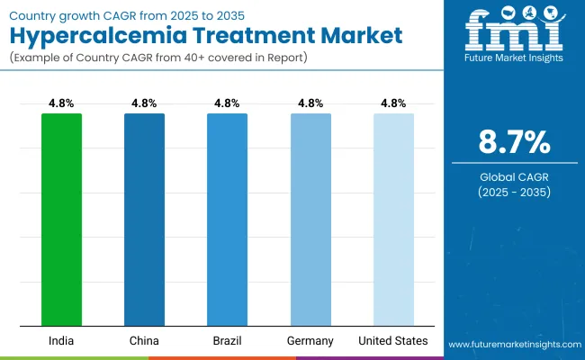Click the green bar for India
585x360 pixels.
click(61, 220)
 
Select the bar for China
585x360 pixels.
click(144, 220)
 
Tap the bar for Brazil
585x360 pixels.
click(227, 220)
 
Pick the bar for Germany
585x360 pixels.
click(310, 220)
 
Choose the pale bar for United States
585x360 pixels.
click(393, 220)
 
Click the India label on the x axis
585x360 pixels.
click(61, 341)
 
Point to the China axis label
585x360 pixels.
click(144, 341)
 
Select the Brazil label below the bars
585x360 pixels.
click(227, 341)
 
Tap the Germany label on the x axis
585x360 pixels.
click(310, 341)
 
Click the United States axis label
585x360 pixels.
click(393, 341)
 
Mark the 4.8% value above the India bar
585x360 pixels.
click(61, 103)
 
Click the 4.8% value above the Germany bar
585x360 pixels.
click(310, 103)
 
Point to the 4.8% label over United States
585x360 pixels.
click(393, 103)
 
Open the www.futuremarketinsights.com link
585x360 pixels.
click(513, 345)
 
